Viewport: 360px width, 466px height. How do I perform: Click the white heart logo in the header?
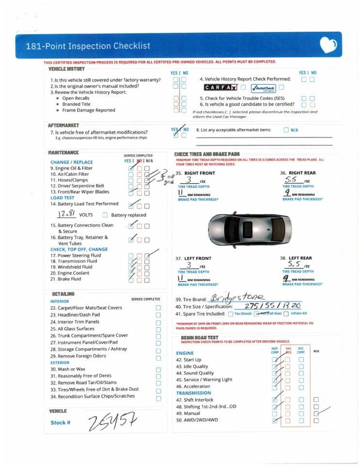[328, 45]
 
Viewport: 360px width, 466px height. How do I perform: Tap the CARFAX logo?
[220, 88]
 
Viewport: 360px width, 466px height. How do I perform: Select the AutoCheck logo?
[263, 88]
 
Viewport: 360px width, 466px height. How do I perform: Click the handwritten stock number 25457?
[112, 422]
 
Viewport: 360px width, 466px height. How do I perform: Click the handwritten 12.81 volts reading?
[67, 214]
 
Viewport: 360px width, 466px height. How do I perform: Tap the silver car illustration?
[250, 230]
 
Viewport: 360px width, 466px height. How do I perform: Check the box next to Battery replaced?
[105, 215]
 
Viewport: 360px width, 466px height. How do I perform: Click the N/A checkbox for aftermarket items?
[286, 130]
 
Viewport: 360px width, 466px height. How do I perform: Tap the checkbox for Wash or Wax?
[158, 369]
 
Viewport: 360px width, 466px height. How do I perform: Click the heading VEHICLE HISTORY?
[66, 69]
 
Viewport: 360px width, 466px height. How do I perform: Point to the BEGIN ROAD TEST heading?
[199, 338]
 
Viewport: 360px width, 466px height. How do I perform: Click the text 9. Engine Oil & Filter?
[71, 168]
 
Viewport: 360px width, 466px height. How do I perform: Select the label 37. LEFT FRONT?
[193, 258]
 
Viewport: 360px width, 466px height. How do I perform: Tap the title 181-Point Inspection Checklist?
[88, 46]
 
